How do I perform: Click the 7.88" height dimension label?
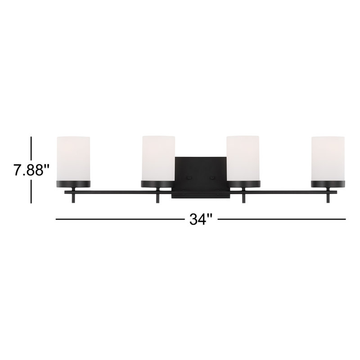(31, 170)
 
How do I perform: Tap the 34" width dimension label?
(201, 219)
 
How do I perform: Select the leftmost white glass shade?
(73, 158)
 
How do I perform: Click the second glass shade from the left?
(158, 158)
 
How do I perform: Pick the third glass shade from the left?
(243, 158)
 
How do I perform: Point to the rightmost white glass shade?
(328, 158)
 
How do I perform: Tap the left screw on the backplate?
(189, 177)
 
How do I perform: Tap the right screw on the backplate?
(212, 177)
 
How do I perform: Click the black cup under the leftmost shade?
(73, 184)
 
